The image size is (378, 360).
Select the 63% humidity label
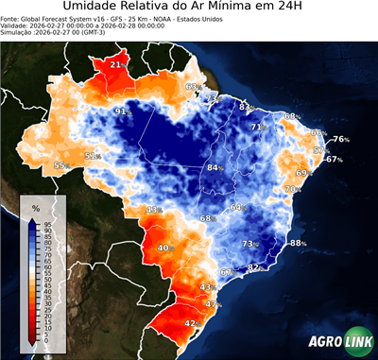tap(192, 87)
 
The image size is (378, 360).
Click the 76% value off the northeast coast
tap(341, 140)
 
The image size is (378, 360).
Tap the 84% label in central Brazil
tap(215, 167)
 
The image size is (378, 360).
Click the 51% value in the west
tap(93, 156)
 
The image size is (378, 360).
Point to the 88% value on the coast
tap(299, 243)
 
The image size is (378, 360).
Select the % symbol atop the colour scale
tap(35, 207)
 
